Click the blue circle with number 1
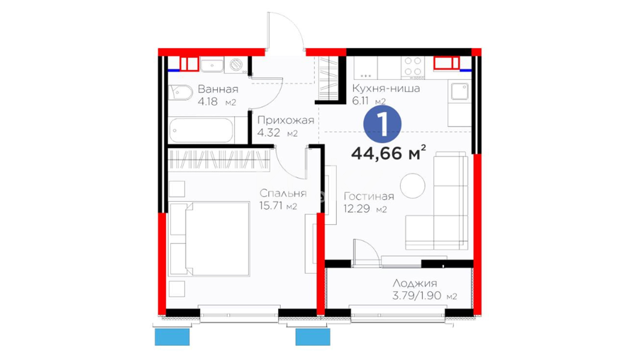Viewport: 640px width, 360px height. pos(382,124)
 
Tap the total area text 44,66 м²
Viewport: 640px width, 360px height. pos(389,153)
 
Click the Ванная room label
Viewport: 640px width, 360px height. pos(218,89)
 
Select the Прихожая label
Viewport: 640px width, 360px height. pos(286,120)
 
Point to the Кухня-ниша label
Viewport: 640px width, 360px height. pos(386,88)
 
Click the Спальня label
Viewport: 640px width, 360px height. pos(283,193)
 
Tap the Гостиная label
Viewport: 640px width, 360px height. pos(369,196)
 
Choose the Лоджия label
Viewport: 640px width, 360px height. pos(415,283)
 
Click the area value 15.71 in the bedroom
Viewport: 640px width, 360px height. pos(271,206)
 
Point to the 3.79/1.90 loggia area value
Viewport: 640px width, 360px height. pos(417,296)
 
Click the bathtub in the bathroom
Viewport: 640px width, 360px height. pos(201,130)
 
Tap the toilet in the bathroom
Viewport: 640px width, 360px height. pos(180,92)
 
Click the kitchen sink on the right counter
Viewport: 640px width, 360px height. pos(459,91)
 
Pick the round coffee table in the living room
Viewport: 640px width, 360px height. pos(413,186)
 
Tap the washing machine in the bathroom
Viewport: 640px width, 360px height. pos(236,65)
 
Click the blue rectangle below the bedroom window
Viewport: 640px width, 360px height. pos(172,337)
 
